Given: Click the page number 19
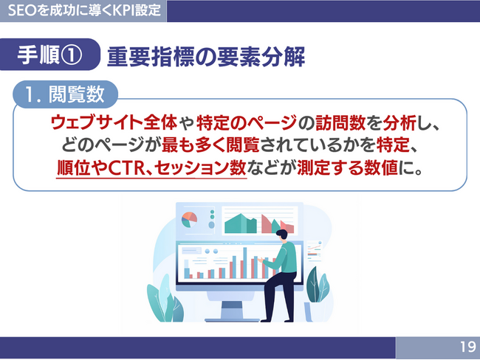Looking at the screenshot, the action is [468, 347].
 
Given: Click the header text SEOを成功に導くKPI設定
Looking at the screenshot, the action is [84, 10].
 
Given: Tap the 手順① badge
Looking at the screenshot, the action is [50, 55].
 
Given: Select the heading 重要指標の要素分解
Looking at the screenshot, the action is [206, 57].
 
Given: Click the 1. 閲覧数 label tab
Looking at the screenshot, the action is [65, 94].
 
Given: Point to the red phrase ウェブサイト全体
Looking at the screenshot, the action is [114, 122].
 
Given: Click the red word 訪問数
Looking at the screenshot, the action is [340, 122].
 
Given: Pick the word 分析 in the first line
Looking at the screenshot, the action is [399, 122].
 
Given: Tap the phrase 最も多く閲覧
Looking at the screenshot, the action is [210, 145].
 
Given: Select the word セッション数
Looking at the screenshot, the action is [200, 168].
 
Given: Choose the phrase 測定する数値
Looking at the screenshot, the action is [347, 167].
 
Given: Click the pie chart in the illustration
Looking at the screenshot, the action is [189, 219].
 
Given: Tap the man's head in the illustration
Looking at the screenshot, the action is [282, 235].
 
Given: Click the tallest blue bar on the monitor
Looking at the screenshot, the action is [245, 263].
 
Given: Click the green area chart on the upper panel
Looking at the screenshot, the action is [241, 224].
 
